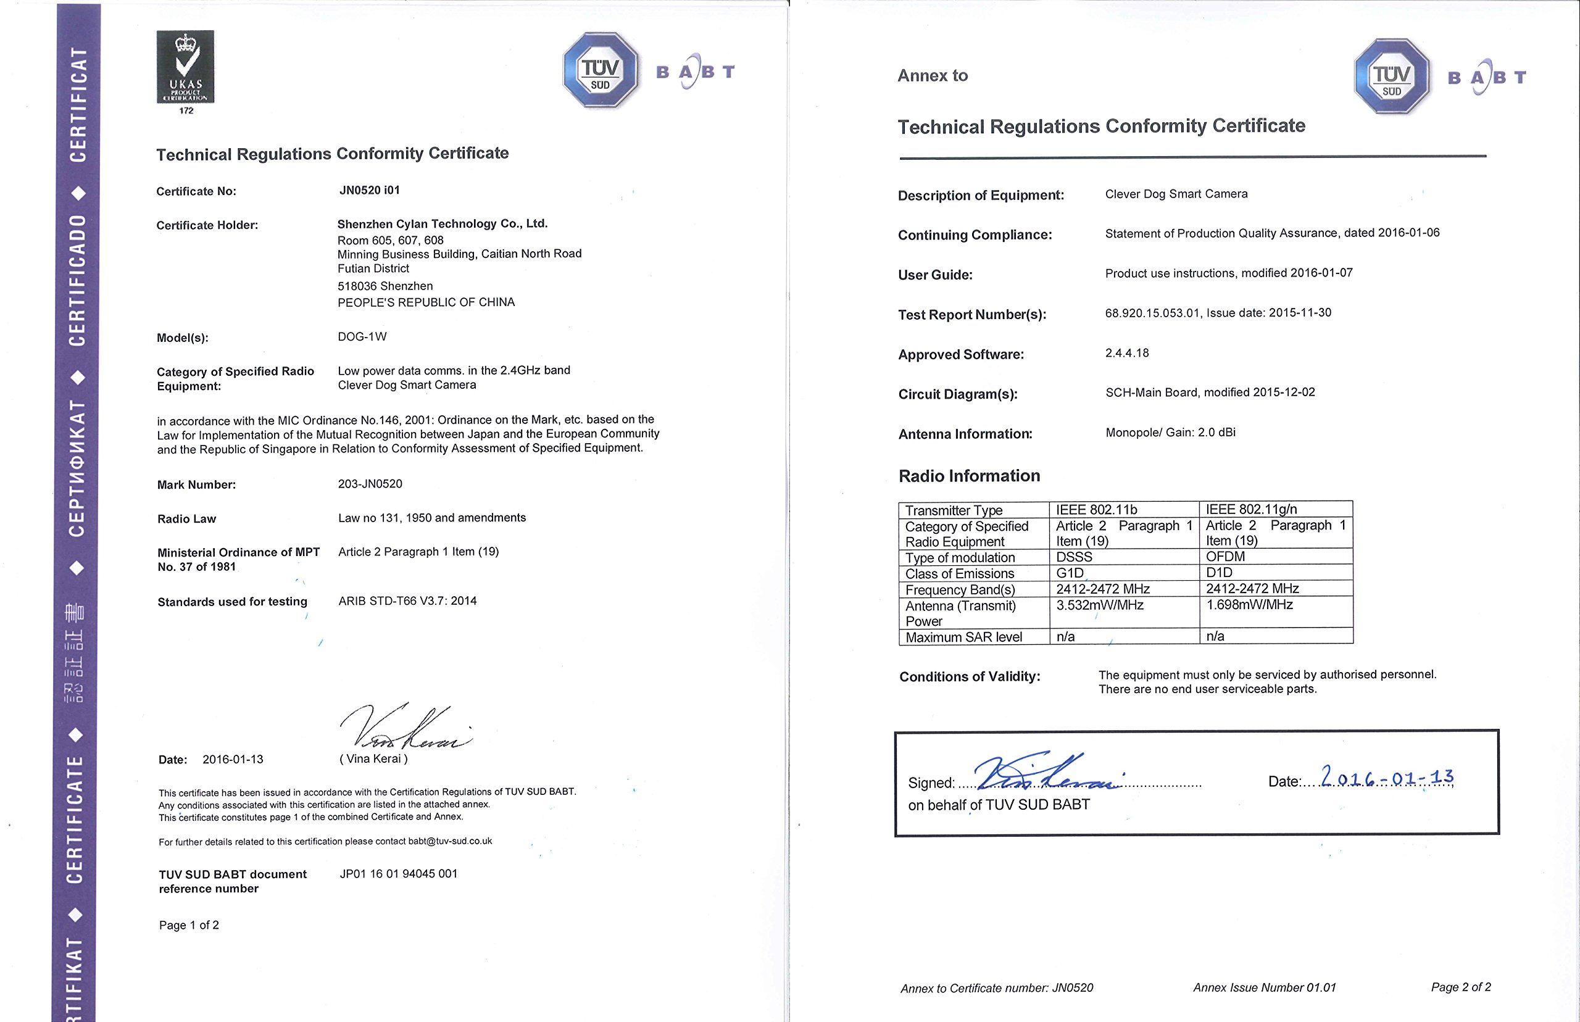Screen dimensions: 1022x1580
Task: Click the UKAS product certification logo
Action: click(185, 67)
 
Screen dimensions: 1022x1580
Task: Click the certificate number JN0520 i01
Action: click(370, 191)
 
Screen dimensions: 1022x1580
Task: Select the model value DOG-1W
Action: click(362, 336)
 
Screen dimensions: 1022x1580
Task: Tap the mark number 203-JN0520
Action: click(370, 484)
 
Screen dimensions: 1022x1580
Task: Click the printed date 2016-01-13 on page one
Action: click(232, 759)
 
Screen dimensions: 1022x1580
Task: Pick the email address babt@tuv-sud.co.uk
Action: click(450, 841)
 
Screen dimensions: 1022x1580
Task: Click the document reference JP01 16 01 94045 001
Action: click(398, 873)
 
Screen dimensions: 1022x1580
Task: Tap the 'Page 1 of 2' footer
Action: click(188, 925)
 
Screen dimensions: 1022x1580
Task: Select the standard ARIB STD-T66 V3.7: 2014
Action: click(407, 600)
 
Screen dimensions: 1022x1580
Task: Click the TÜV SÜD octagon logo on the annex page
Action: click(1392, 77)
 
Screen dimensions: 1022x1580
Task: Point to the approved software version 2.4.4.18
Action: click(1127, 353)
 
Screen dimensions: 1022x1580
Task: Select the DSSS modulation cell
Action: click(1074, 557)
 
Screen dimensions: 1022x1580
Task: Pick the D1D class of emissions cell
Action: click(1219, 573)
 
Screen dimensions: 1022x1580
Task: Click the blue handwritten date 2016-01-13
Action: click(1387, 776)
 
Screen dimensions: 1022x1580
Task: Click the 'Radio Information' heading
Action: click(969, 476)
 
